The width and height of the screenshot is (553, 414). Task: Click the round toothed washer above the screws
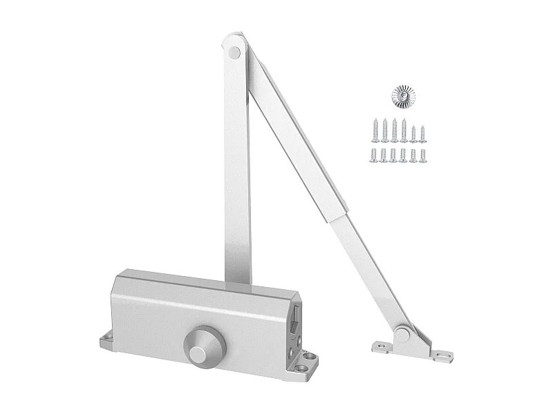point(399,96)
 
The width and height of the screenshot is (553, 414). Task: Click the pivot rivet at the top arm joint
point(234,50)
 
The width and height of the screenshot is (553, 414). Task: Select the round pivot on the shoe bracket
point(401,335)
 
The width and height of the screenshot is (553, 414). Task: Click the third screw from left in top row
point(395,130)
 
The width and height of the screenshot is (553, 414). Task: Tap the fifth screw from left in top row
point(413,131)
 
